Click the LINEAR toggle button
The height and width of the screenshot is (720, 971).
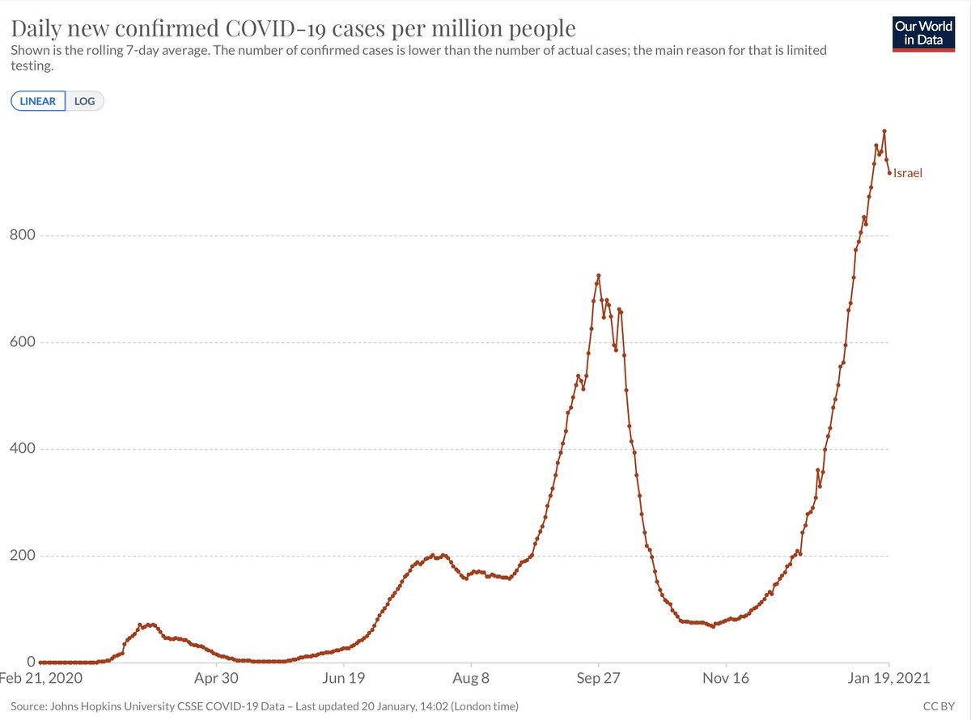[38, 101]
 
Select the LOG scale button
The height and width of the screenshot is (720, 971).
[84, 101]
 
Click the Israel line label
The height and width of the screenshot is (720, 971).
[907, 172]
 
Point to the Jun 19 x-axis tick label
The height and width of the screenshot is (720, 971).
[344, 677]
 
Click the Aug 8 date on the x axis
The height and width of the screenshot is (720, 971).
[471, 677]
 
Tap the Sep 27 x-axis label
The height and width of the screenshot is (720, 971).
[598, 677]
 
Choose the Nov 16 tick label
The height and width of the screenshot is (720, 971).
[726, 677]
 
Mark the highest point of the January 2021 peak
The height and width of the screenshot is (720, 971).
[884, 130]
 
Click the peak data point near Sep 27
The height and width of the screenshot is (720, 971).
[598, 276]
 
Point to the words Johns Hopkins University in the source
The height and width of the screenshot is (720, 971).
[121, 706]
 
